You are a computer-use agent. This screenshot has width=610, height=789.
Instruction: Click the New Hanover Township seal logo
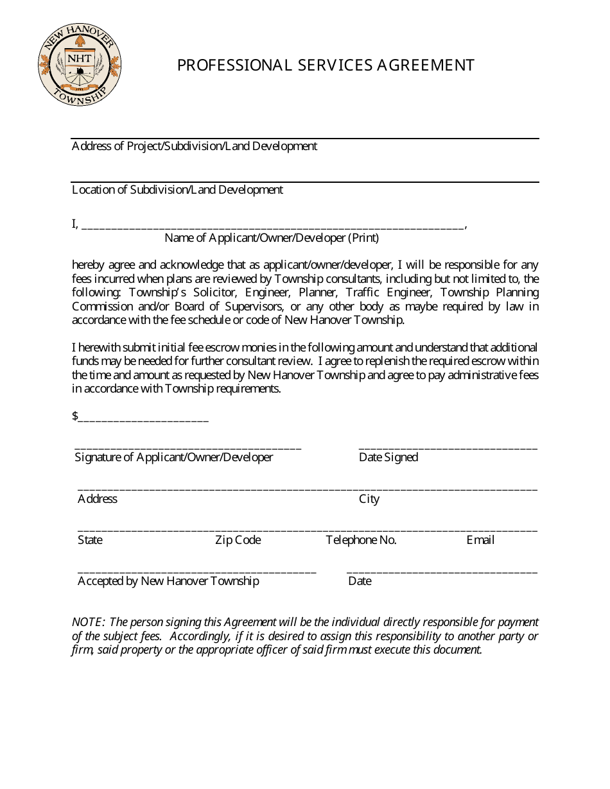[x=80, y=66]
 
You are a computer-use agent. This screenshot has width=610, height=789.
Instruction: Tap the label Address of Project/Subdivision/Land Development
[x=194, y=146]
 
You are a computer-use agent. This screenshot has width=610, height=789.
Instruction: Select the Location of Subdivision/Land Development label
[x=177, y=190]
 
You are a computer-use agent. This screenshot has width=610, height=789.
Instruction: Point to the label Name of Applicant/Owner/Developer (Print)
[x=272, y=238]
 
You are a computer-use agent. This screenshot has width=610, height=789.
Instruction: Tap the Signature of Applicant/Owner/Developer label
[x=174, y=457]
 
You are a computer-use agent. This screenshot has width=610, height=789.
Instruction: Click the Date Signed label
[x=388, y=457]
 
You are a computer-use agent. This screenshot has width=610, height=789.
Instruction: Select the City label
[x=369, y=499]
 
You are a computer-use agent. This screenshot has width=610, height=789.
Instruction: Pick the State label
[x=90, y=540]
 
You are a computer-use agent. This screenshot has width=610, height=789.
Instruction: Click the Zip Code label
[x=238, y=540]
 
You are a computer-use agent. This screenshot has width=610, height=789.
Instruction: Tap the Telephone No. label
[x=361, y=540]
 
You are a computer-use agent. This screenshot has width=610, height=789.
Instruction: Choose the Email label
[x=480, y=540]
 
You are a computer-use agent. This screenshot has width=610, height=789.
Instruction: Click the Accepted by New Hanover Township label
[x=168, y=581]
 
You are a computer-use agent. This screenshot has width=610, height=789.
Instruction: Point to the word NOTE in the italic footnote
[x=87, y=622]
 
